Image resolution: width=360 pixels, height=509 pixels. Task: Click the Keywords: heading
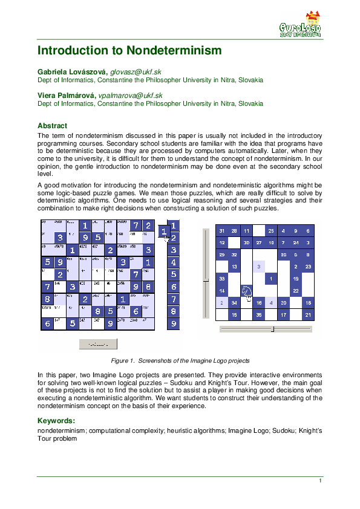click(56, 420)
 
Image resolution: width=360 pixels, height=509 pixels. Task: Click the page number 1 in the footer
click(320, 481)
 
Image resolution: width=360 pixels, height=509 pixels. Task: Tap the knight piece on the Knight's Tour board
click(246, 291)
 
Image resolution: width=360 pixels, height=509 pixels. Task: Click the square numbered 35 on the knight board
click(259, 315)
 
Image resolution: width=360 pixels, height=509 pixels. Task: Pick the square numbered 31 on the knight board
click(222, 231)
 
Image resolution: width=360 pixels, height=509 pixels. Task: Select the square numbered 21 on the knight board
click(308, 315)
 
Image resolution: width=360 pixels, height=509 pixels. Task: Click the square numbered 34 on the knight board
click(234, 303)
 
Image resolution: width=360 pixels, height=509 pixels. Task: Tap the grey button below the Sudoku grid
click(98, 344)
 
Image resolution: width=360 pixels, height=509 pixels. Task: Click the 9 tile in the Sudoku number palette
click(173, 324)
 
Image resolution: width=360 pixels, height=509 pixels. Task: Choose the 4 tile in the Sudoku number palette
click(173, 262)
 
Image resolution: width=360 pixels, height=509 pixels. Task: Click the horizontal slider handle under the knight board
click(272, 329)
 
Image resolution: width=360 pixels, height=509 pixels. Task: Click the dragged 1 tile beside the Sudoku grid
click(163, 232)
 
